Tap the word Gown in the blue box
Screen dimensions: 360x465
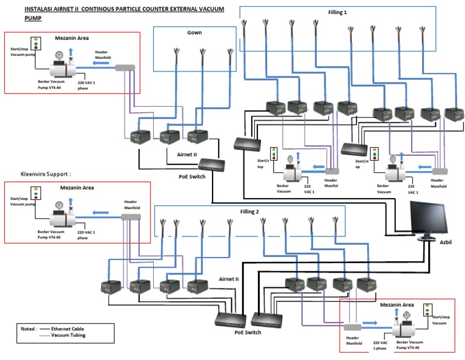point(194,32)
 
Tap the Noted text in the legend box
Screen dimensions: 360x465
point(29,328)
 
